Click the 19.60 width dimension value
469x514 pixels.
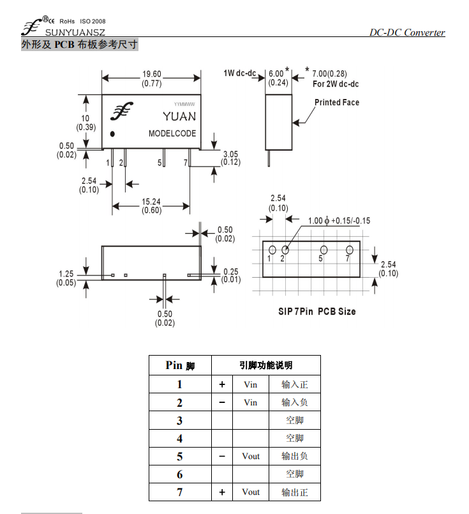click(x=152, y=74)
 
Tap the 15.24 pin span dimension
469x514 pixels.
click(x=151, y=202)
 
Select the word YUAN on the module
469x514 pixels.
click(x=179, y=116)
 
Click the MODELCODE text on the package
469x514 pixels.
click(x=172, y=133)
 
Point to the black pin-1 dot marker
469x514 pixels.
click(x=112, y=133)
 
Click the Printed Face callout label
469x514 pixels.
click(x=337, y=102)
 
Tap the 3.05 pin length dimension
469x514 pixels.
click(x=230, y=154)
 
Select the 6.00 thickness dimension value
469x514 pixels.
click(x=276, y=74)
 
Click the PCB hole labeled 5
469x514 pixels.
click(x=324, y=250)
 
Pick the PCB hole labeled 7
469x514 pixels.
click(x=350, y=250)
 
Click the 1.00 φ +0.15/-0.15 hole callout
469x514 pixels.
click(x=339, y=221)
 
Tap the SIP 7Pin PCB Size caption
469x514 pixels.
click(x=316, y=312)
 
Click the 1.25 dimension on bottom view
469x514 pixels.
click(x=66, y=274)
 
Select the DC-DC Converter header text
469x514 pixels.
click(x=407, y=33)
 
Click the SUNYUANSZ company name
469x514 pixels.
click(x=75, y=33)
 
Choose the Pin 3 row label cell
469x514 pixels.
click(x=179, y=420)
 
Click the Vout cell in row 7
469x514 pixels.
click(x=251, y=492)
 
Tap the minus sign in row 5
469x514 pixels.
click(x=222, y=456)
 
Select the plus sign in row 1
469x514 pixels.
click(x=222, y=384)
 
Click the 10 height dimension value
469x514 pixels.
click(x=85, y=118)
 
